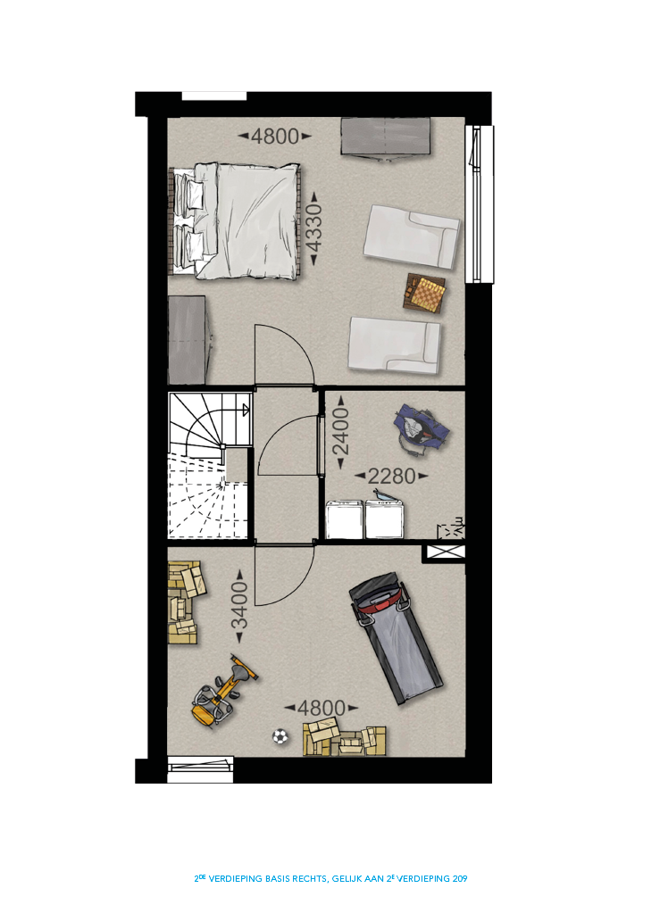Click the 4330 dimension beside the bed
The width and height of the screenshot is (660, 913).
coord(313,228)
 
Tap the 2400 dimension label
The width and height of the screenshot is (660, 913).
coord(340,431)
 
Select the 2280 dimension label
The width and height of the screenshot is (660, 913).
coord(391,477)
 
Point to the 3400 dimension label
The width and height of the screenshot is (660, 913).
coord(239,606)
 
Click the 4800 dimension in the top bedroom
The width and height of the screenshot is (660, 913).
coord(275,137)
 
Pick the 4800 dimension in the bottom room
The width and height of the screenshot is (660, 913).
coord(322,709)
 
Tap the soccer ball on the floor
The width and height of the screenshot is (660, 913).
coord(280,737)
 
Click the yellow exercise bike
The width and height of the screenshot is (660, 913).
coord(224,691)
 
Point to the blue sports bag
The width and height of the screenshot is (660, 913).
coord(422,429)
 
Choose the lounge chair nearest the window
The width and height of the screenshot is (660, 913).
coord(411,237)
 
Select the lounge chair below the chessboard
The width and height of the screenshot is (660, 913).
coord(395,344)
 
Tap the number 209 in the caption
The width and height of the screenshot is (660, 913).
coord(460,879)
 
